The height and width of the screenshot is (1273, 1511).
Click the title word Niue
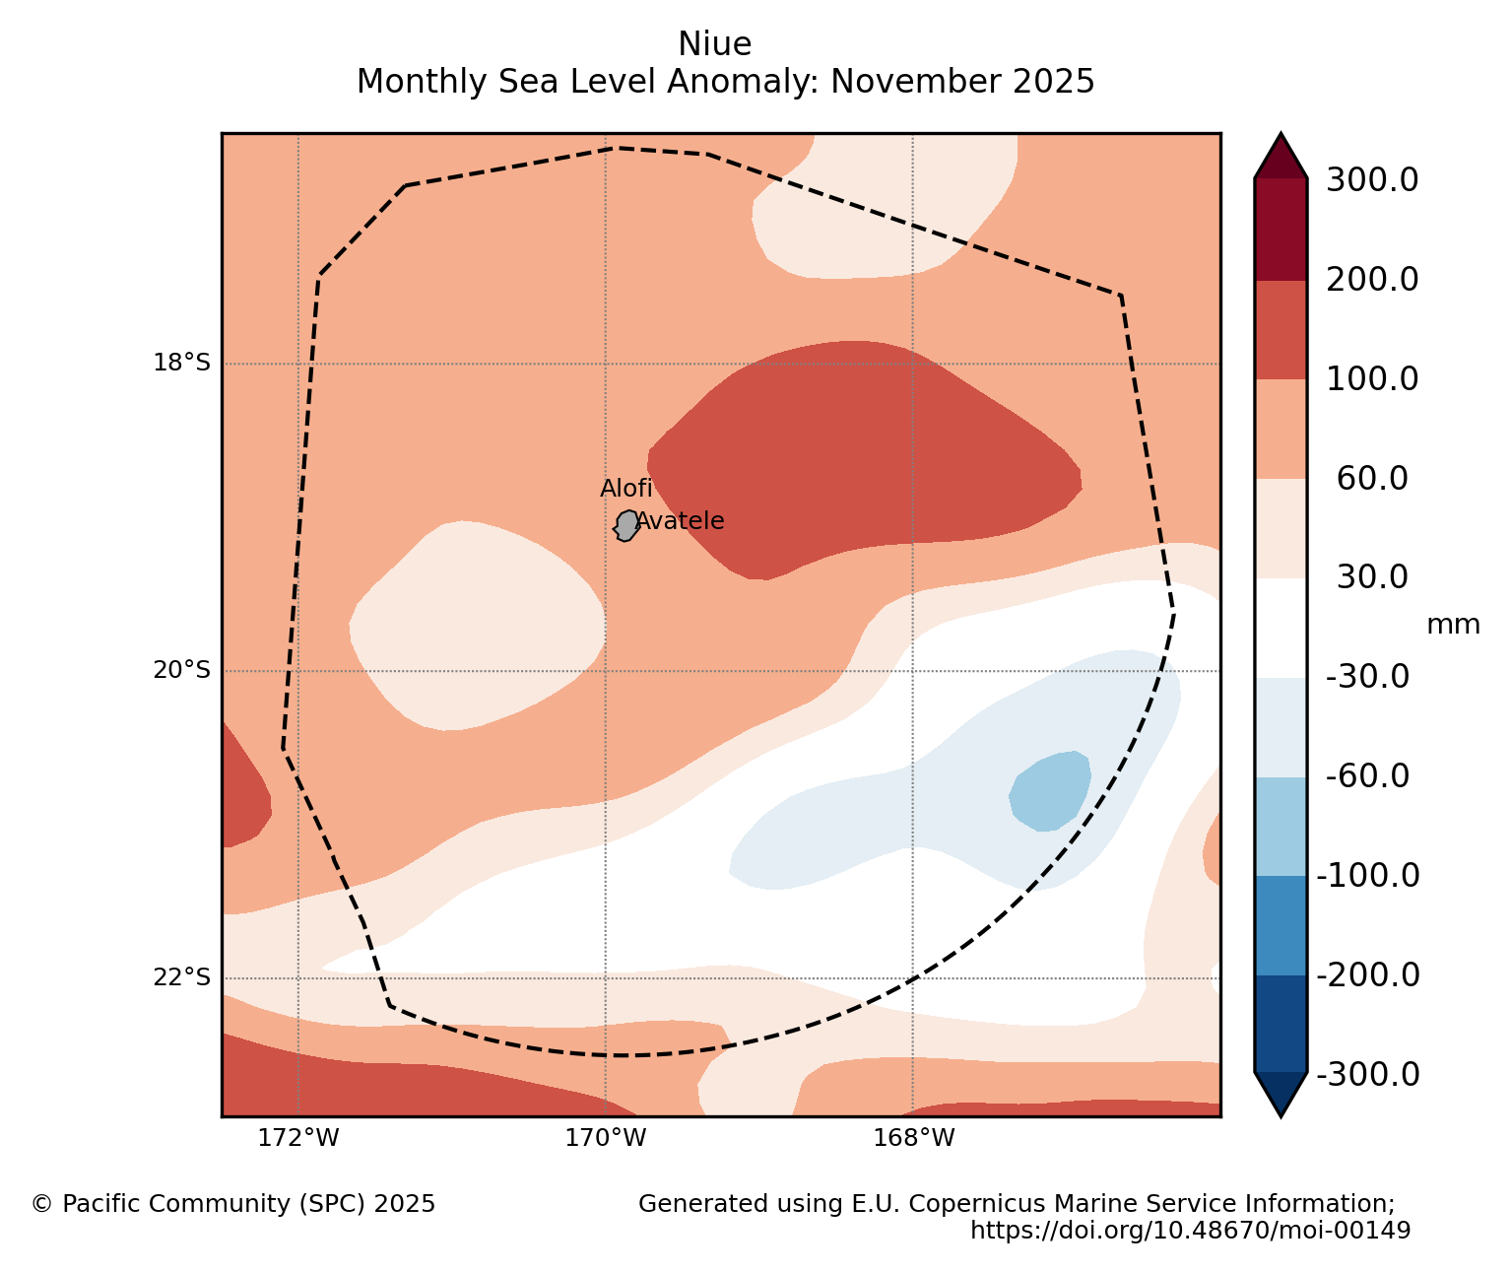pyautogui.click(x=714, y=44)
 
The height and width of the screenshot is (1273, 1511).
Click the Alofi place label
pyautogui.click(x=626, y=489)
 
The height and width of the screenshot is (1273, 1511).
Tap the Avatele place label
pyautogui.click(x=680, y=521)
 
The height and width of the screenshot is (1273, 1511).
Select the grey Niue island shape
pyautogui.click(x=626, y=525)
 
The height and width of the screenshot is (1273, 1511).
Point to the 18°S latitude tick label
pyautogui.click(x=181, y=363)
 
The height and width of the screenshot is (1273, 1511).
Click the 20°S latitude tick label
pyautogui.click(x=181, y=670)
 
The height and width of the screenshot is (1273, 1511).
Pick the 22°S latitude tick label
pyautogui.click(x=181, y=977)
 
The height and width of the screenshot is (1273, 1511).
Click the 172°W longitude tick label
pyautogui.click(x=298, y=1138)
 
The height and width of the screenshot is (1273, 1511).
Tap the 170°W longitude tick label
pyautogui.click(x=606, y=1138)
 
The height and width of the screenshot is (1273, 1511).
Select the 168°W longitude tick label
pyautogui.click(x=914, y=1138)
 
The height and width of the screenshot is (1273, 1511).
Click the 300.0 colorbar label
pyautogui.click(x=1372, y=180)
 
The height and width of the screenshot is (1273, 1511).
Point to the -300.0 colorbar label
pyautogui.click(x=1368, y=1074)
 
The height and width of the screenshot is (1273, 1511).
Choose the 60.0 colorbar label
pyautogui.click(x=1372, y=479)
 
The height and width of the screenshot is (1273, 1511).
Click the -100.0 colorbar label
pyautogui.click(x=1368, y=875)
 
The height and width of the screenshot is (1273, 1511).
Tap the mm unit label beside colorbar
pyautogui.click(x=1453, y=625)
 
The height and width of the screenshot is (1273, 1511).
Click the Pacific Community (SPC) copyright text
pyautogui.click(x=233, y=1204)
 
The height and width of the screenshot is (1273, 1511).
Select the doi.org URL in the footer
pyautogui.click(x=1190, y=1231)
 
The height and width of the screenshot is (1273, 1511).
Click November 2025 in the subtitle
pyautogui.click(x=962, y=82)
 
